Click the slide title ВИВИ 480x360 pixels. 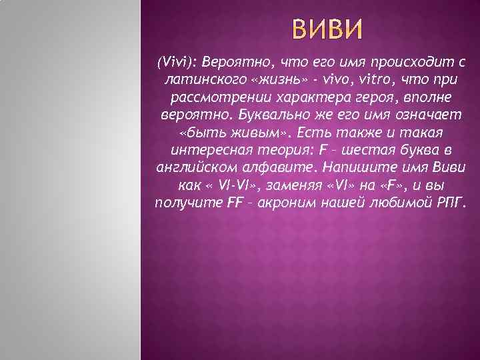[327, 30]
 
